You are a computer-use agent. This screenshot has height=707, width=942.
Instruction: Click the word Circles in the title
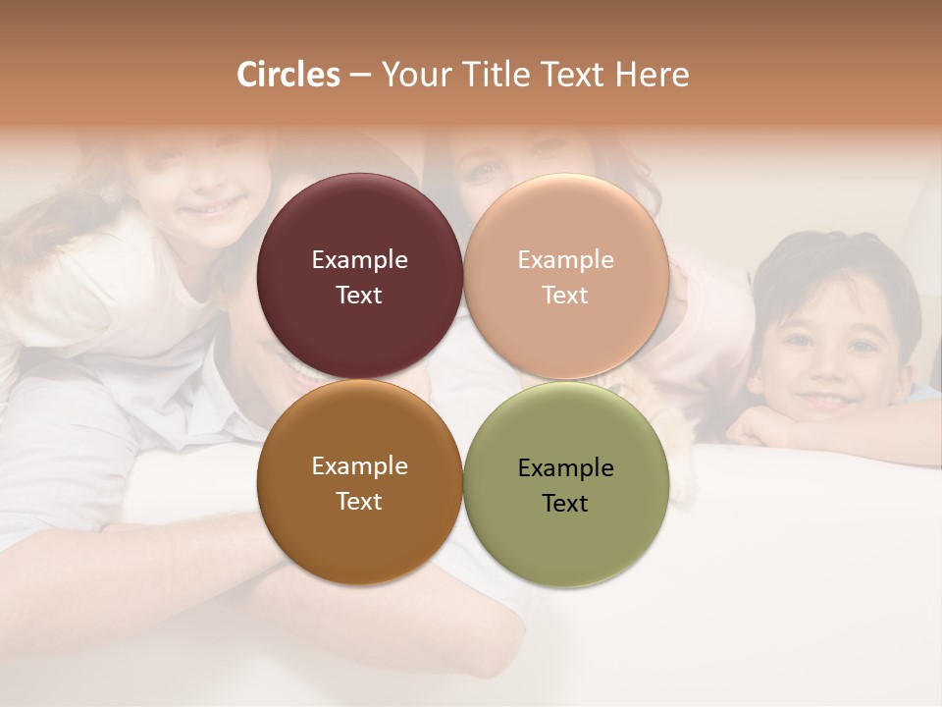click(288, 75)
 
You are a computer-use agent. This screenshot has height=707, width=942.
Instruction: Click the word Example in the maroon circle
click(359, 260)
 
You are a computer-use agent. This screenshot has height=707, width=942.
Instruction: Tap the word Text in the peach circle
click(565, 296)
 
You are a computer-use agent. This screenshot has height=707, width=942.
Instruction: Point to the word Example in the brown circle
click(359, 466)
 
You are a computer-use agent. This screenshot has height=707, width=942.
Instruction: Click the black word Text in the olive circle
click(565, 503)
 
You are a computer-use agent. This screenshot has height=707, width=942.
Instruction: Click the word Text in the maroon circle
click(359, 296)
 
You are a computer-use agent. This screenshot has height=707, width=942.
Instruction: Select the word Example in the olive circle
click(565, 467)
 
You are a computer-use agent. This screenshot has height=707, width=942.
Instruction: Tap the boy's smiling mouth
click(827, 400)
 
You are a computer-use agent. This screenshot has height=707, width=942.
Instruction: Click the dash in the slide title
click(360, 76)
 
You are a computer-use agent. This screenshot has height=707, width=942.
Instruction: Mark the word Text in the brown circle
click(359, 502)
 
